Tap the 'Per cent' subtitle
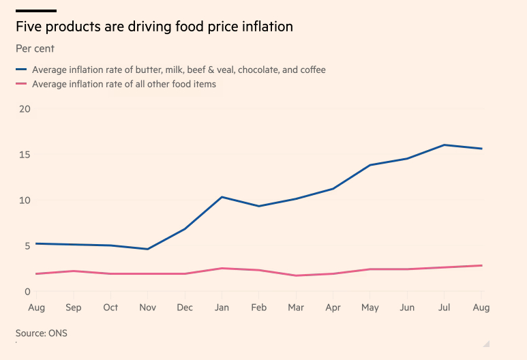point(35,49)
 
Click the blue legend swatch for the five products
point(21,70)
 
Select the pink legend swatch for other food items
point(21,85)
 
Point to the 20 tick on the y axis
point(25,109)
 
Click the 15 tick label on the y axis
point(25,155)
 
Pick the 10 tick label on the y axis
point(25,200)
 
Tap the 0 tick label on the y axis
point(28,292)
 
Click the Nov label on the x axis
point(147,307)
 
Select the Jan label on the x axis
point(222,307)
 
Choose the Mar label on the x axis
point(296,307)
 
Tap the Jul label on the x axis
point(445,307)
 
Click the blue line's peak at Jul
point(445,145)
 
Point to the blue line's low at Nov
point(147,249)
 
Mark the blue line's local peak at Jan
point(222,197)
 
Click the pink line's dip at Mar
point(296,275)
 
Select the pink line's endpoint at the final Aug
point(481,265)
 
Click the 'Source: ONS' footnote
point(42,333)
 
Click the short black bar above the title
point(35,11)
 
